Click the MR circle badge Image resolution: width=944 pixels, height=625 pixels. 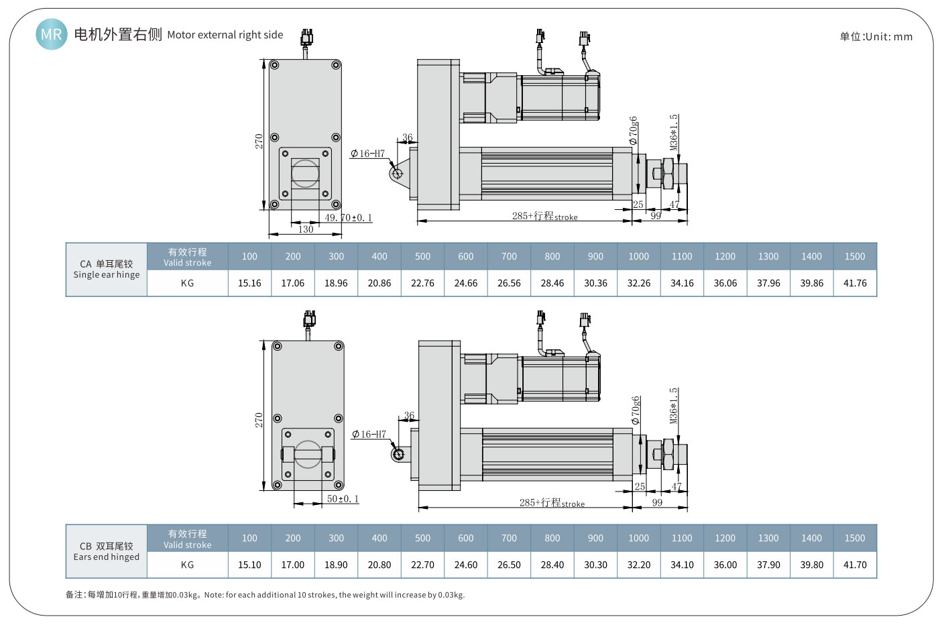click(51, 34)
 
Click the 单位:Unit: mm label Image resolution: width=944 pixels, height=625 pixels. click(876, 37)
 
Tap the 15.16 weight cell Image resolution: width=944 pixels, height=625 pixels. click(249, 283)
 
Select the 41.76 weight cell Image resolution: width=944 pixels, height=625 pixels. click(855, 283)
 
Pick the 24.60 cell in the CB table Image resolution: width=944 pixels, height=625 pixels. click(465, 565)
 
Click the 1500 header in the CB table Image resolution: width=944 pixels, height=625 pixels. click(855, 538)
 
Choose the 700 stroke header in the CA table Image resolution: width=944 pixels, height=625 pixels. click(509, 256)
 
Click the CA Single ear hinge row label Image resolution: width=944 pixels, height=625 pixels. click(107, 270)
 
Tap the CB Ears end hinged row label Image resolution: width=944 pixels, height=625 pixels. click(107, 551)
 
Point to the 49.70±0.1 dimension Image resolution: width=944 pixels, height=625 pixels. click(348, 218)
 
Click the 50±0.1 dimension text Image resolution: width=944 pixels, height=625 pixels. click(343, 499)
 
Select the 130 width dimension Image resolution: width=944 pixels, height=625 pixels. click(306, 229)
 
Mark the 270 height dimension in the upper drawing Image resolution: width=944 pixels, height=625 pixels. click(259, 141)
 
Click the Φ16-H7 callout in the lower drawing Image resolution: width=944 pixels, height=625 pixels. click(369, 435)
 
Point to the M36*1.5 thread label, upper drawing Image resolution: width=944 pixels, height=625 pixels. click(674, 132)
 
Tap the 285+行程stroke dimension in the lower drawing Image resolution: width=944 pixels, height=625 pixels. click(551, 503)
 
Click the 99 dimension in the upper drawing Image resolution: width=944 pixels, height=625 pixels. click(656, 216)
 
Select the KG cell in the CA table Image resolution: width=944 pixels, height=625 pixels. click(187, 283)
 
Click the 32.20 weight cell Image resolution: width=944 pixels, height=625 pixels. click(638, 565)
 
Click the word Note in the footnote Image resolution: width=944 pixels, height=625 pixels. click(213, 595)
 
